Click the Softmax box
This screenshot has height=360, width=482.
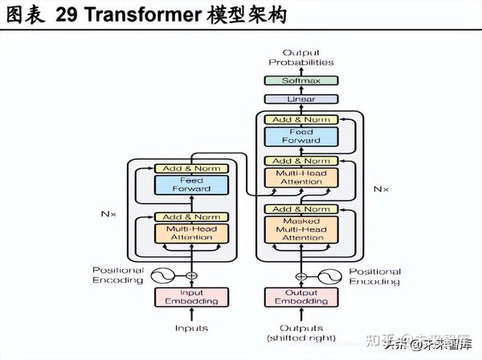point(301,81)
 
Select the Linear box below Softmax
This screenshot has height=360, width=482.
point(301,99)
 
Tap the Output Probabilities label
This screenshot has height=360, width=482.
point(301,57)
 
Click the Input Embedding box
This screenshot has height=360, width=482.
point(191,297)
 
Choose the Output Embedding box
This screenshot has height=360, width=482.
point(302,297)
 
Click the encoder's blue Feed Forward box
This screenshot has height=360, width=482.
point(191,184)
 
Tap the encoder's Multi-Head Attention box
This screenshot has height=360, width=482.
point(191,233)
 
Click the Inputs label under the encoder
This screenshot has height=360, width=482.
point(191,328)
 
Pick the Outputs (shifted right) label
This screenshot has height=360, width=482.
point(302,332)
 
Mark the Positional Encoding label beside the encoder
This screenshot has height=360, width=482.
point(118,276)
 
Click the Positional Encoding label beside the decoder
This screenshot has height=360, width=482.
point(374,276)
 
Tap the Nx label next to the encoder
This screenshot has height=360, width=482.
point(109,215)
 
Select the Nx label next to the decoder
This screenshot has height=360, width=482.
point(381,189)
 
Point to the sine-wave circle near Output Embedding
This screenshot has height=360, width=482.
point(329,275)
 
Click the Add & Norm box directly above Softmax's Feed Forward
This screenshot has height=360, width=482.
point(301,120)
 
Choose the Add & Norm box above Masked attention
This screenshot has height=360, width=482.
point(301,210)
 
